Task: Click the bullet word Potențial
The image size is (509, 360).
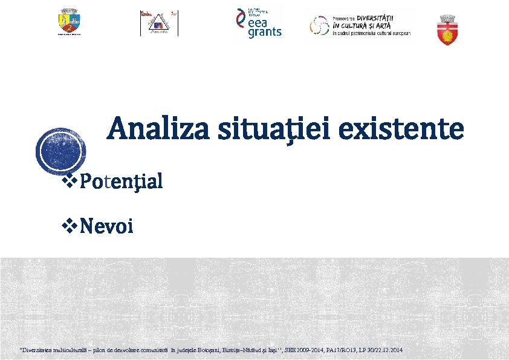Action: point(121,181)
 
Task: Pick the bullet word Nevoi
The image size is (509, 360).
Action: point(106,227)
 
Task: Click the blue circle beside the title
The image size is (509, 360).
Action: point(60,151)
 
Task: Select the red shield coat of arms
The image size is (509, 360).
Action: point(448,30)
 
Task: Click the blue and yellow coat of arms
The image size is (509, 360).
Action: point(69,22)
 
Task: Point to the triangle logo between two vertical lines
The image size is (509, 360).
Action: point(159,24)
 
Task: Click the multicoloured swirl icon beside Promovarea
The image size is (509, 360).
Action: point(319,25)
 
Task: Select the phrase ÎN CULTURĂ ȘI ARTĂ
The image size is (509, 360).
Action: point(362,25)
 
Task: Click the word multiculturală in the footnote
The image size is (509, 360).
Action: point(63,350)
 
